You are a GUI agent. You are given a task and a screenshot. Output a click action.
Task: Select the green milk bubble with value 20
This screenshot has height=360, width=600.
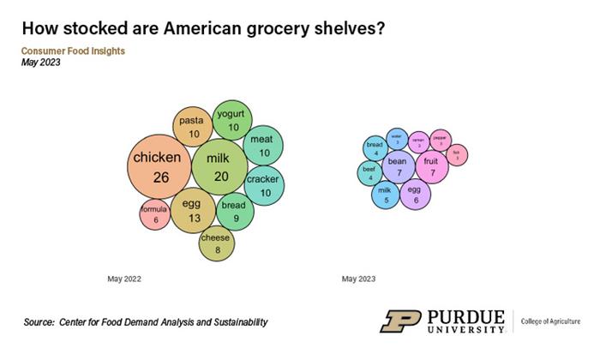coord(219,166)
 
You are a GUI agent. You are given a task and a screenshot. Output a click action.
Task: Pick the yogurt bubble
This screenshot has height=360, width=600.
coord(231,120)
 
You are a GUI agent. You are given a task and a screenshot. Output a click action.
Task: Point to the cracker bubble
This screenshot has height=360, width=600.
coord(264,186)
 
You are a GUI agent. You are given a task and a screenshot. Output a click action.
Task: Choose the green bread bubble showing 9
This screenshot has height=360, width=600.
coord(234,212)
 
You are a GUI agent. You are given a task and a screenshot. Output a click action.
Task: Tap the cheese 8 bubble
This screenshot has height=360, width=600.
coord(217,243)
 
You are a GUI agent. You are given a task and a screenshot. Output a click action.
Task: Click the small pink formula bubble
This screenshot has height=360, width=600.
coord(156,214)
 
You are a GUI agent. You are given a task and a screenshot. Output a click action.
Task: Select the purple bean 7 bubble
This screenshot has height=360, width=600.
coord(397,166)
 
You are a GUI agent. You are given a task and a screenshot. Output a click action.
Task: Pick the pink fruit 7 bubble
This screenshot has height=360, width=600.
coord(431,167)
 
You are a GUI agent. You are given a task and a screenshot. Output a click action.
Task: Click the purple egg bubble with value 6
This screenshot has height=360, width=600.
coord(415,195)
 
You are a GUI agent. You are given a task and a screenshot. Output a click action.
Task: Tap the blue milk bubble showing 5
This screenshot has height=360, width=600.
coord(385,195)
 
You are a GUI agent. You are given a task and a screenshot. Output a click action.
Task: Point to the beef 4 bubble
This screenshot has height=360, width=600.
coord(369,173)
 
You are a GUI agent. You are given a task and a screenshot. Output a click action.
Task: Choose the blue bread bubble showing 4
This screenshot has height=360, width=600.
coord(375,149)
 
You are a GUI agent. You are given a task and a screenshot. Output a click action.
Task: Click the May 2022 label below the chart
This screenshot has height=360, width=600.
coord(123,279)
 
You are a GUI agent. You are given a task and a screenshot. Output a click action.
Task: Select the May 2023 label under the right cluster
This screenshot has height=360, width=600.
coord(358,279)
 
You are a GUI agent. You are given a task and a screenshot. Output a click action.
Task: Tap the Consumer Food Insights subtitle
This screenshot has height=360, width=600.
coord(73,51)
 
